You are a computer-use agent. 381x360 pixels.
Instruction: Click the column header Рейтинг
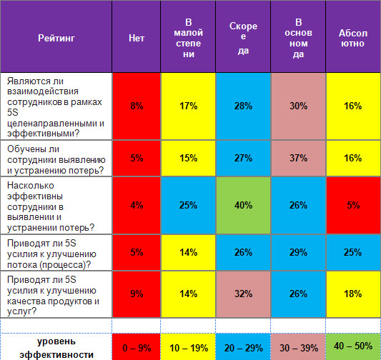(56, 38)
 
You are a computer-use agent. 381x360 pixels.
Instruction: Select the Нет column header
(137, 38)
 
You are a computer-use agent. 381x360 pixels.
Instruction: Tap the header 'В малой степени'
(188, 38)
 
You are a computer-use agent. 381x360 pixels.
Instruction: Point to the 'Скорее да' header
(243, 38)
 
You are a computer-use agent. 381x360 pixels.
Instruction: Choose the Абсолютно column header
(353, 38)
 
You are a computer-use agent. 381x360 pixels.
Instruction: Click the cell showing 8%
(137, 106)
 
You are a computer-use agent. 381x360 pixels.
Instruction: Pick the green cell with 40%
(243, 206)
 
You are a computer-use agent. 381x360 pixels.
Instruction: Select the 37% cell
(298, 159)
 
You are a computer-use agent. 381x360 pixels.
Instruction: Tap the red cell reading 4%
(137, 206)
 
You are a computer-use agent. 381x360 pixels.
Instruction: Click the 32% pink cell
(243, 294)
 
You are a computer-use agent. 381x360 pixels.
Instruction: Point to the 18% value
(353, 294)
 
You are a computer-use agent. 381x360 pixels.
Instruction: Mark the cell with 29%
(298, 252)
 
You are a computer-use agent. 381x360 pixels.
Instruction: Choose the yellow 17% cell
(188, 106)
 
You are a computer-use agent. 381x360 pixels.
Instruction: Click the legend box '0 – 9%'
(137, 347)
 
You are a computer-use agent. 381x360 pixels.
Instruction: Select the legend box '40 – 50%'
(353, 346)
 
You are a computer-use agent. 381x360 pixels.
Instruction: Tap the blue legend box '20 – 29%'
(243, 347)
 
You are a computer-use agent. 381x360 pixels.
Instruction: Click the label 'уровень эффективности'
(56, 349)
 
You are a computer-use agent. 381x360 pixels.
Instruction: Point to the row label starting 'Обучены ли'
(56, 160)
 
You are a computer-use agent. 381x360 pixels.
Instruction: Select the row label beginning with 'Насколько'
(51, 206)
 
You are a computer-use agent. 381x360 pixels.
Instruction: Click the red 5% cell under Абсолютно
(353, 206)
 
